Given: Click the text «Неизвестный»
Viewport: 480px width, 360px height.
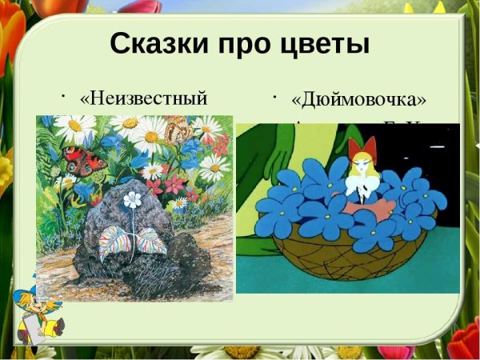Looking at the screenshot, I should coord(144,98).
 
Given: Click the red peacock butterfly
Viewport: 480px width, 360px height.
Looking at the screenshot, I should coord(86,161).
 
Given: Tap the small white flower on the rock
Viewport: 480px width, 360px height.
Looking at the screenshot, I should coord(132,199).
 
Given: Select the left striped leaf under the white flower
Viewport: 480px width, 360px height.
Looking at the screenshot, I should coord(114,238).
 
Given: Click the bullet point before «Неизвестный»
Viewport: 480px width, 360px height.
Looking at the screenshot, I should coord(62,95).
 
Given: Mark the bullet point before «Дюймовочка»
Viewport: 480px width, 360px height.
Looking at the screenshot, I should coord(274,97).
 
